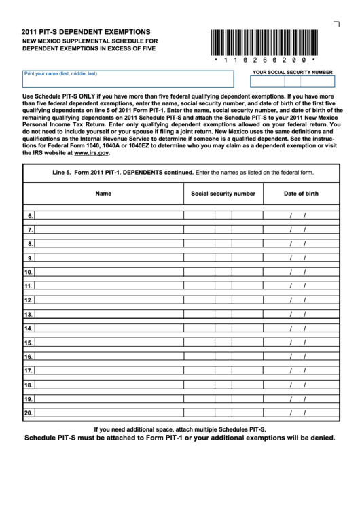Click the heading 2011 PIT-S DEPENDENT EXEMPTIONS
[x=86, y=32]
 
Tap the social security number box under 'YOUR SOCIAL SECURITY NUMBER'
[x=292, y=82]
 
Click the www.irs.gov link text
[x=92, y=153]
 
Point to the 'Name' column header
[x=103, y=194]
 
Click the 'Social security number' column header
[x=223, y=194]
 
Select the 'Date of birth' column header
[x=300, y=194]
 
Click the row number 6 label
[x=30, y=216]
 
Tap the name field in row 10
[x=109, y=273]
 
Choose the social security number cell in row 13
[x=223, y=315]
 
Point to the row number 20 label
[x=29, y=413]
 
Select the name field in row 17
[x=109, y=371]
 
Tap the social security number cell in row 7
[x=223, y=230]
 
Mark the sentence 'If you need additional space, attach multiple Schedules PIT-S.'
[x=179, y=429]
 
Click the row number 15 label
[x=29, y=343]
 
